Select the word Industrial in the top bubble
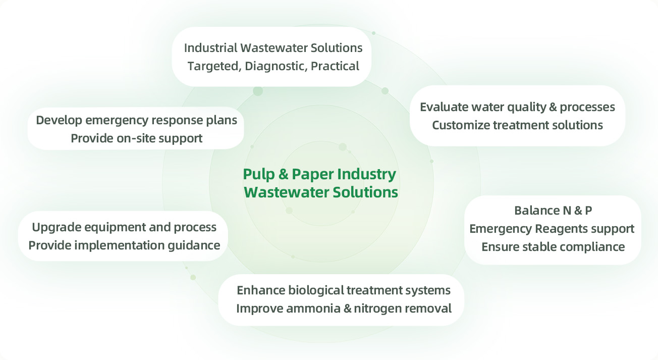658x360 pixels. click(210, 48)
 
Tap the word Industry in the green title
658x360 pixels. click(367, 174)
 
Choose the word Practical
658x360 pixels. click(335, 66)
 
